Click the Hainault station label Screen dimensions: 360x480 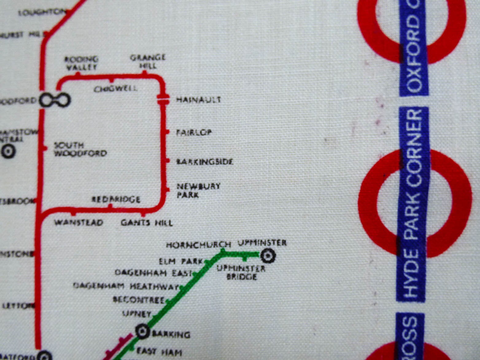[x=198, y=100]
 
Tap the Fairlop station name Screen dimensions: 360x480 [x=194, y=133]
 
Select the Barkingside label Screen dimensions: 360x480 [x=205, y=162]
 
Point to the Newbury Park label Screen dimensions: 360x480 [x=198, y=190]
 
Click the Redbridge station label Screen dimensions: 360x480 [x=116, y=199]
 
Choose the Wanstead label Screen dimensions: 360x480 [x=79, y=223]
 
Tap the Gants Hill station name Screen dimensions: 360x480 [x=147, y=223]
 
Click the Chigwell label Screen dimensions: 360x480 [x=115, y=89]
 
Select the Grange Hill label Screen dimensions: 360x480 [x=148, y=61]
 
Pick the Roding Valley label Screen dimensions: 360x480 [x=81, y=63]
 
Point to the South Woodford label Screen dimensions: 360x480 [x=80, y=149]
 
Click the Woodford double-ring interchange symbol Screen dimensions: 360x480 [x=55, y=100]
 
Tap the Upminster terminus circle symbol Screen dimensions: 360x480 [x=268, y=255]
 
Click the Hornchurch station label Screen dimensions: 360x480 [x=198, y=245]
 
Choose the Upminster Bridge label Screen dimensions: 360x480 [x=241, y=273]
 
